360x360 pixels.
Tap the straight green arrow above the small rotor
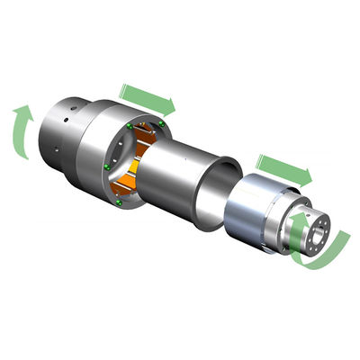pyautogui.click(x=282, y=167)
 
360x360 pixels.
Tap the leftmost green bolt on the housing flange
pyautogui.click(x=107, y=166)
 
